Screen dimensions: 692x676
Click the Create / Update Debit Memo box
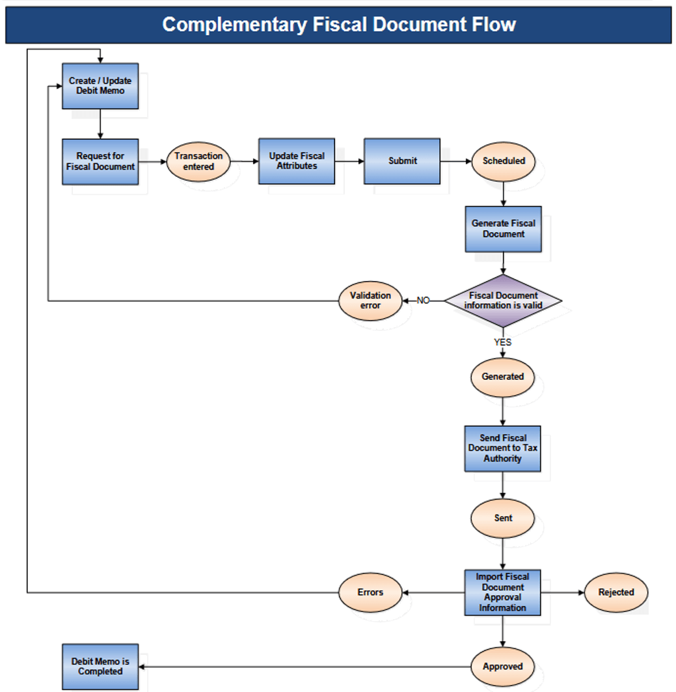tap(100, 86)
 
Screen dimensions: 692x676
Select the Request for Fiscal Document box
tap(100, 161)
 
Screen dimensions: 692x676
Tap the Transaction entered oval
tap(198, 161)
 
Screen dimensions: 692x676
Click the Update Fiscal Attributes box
tap(297, 161)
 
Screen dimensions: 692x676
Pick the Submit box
tap(402, 161)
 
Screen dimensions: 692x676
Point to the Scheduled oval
tap(504, 161)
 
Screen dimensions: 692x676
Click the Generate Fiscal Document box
tap(503, 229)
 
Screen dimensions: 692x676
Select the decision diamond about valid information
tap(503, 300)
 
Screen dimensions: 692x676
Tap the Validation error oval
tap(370, 300)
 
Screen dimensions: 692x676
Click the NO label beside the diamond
tap(424, 300)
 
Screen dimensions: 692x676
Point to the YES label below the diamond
tap(502, 342)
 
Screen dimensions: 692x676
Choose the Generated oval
tap(502, 377)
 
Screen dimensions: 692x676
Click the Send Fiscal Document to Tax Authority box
tap(502, 449)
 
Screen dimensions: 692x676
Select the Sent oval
tap(503, 518)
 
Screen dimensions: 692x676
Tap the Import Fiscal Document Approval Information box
tap(502, 592)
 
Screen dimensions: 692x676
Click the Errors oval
tap(370, 592)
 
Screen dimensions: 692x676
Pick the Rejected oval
tap(615, 592)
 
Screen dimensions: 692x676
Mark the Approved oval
tap(502, 666)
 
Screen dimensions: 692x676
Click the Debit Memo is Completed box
tap(100, 666)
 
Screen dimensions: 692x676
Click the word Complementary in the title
tap(234, 25)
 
